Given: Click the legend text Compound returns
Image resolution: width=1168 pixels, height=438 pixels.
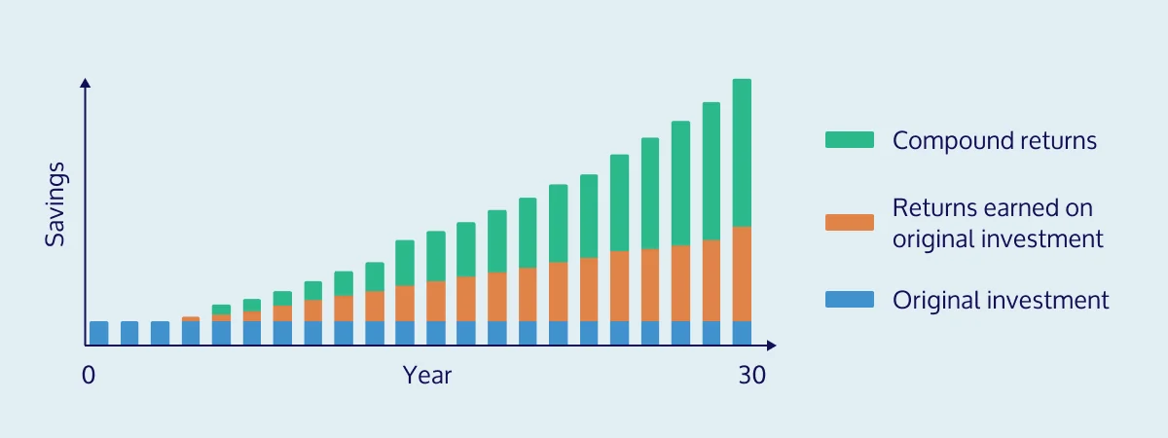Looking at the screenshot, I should (x=995, y=141).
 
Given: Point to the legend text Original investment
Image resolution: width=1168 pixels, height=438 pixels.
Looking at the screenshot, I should (x=1001, y=300).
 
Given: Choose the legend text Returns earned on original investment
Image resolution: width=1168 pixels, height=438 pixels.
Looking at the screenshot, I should (x=998, y=223).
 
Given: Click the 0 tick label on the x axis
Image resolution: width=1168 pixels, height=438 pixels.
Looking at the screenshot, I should (x=89, y=376).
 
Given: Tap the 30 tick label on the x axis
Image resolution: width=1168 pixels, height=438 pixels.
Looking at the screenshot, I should (x=751, y=376).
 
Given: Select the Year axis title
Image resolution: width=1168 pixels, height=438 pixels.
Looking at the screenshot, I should (x=427, y=376).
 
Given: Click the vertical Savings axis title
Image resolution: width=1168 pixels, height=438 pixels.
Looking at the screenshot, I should (x=55, y=204).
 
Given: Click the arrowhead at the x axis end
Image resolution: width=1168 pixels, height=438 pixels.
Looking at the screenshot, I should (x=771, y=346).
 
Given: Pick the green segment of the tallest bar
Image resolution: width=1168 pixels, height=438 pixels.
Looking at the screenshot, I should (x=742, y=153).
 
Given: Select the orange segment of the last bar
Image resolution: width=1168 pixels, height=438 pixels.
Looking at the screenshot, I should (x=742, y=274).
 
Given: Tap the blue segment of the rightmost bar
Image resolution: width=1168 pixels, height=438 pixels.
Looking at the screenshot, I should (x=742, y=333).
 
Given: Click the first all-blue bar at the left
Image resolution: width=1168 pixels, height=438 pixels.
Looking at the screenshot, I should (x=99, y=333).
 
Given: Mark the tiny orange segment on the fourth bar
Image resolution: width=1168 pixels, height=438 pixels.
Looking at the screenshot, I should (x=191, y=319).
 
